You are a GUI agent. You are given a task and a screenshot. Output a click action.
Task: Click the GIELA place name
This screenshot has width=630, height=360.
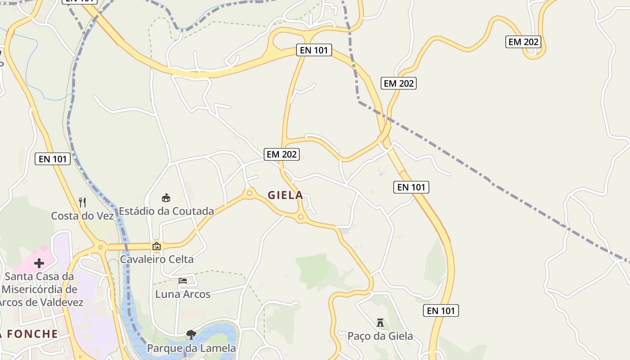pos(285,195)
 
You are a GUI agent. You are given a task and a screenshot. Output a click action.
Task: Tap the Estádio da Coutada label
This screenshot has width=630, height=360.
pos(166,211)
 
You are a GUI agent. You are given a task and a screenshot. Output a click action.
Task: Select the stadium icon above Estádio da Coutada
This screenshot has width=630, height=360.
pos(166,198)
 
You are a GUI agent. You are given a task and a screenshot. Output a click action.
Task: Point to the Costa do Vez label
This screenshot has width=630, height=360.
pos(82,216)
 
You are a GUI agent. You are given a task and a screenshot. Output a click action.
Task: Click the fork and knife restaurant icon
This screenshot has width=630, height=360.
pos(82,202)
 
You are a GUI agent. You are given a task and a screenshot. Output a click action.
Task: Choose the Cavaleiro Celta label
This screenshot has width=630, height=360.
pos(157,260)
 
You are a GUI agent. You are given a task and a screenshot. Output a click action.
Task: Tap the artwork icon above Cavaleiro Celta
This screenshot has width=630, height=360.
pos(157,246)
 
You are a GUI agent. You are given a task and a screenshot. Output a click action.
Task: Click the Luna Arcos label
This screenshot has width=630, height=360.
pos(183,294)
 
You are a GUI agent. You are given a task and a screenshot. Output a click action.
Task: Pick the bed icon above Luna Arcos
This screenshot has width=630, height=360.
pos(183,281)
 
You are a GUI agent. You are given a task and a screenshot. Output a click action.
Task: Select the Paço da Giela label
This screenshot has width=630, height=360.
pos(380,336)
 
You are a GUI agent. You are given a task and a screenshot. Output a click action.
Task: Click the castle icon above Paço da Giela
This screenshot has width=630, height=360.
pos(380,323)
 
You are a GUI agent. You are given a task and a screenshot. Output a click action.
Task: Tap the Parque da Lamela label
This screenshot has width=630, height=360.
pos(191,348)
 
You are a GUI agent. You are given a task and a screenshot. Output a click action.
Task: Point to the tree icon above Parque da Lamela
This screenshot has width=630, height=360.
pos(191,334)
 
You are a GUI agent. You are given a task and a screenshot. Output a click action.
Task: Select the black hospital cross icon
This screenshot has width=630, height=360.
pos(39,263)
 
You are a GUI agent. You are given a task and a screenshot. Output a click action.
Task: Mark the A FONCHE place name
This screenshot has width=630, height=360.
pos(29,334)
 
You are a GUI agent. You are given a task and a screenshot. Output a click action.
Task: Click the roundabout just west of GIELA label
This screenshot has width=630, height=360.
pos(249,193)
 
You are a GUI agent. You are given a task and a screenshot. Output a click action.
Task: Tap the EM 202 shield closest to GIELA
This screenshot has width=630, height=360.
pos(282,154)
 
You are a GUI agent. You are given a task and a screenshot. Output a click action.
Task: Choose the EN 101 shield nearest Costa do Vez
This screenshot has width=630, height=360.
pos(53,159)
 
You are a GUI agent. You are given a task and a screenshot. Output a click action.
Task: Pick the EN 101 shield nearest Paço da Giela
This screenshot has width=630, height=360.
pos(441,310)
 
